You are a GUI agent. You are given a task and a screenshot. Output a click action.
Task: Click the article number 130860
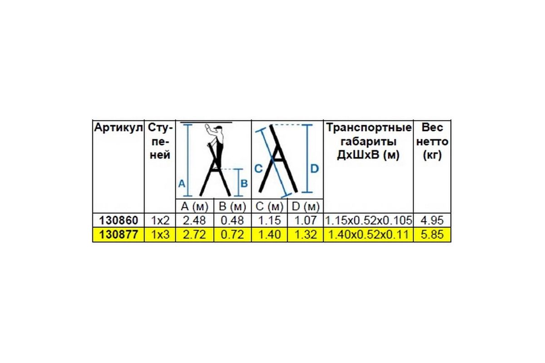coord(118,221)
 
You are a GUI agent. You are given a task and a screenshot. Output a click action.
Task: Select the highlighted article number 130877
coord(118,235)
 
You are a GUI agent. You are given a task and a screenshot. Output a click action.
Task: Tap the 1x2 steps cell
coord(159,221)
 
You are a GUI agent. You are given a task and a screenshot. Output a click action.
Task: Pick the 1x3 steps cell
coord(159,235)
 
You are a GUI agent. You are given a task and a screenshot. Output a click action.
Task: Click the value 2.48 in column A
coord(194,221)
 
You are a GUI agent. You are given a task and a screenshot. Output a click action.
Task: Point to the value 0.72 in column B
coord(232,235)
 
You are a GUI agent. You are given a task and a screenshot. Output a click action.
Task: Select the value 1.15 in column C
coord(269,221)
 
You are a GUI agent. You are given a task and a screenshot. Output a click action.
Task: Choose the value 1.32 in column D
coord(305,235)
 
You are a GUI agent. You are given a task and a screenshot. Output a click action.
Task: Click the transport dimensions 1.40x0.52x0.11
coord(368,235)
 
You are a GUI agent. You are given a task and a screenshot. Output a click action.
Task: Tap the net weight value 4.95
coord(431,221)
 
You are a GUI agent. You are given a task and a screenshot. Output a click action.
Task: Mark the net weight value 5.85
coord(431,235)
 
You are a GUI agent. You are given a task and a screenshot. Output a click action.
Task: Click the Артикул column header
coord(118,128)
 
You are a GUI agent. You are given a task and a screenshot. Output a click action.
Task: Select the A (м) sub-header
coord(194,207)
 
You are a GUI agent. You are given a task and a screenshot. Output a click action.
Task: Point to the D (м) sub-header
coord(305,207)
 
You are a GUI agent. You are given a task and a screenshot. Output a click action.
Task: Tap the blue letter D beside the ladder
coord(314,169)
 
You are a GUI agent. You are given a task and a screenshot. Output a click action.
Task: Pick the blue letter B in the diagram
coord(244,184)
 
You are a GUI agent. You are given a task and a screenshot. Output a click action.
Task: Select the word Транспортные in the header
coord(368,128)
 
